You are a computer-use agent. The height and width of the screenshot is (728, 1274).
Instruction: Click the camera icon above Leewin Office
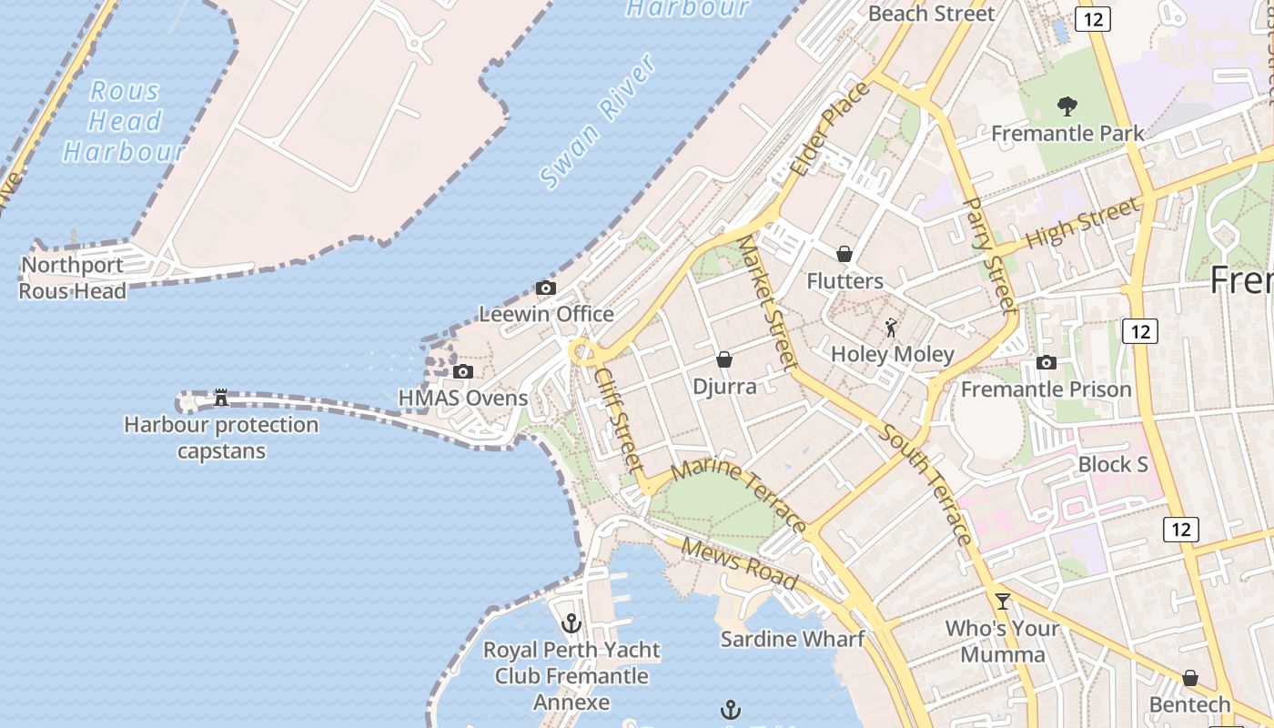[546, 288]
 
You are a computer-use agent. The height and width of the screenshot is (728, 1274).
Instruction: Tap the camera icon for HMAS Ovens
[463, 371]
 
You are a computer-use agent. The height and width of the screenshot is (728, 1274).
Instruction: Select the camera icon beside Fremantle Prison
[1046, 363]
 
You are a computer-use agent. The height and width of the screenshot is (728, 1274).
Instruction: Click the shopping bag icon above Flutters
[844, 254]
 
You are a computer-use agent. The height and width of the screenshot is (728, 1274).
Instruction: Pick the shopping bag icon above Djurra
[724, 360]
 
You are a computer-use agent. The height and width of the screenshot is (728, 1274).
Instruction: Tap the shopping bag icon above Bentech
[1189, 679]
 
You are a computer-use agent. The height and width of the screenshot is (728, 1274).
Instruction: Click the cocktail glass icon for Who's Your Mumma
[1003, 601]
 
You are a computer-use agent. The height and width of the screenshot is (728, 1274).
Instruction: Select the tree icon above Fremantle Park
[1067, 106]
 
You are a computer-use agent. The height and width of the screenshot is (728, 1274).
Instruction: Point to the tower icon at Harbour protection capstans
[220, 398]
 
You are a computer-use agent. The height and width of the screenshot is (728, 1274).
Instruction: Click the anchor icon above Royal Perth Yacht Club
[571, 623]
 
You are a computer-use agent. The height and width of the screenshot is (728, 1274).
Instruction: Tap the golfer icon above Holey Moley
[891, 328]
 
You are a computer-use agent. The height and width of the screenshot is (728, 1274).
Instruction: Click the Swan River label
[598, 122]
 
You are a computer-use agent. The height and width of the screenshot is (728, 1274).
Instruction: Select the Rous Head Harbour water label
[125, 121]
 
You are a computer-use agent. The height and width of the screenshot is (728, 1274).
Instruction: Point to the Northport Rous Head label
[73, 278]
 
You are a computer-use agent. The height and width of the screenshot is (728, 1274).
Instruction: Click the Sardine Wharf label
[792, 639]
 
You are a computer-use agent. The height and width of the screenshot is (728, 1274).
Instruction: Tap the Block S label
[1112, 464]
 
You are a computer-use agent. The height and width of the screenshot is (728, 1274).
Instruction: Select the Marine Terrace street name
[738, 497]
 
